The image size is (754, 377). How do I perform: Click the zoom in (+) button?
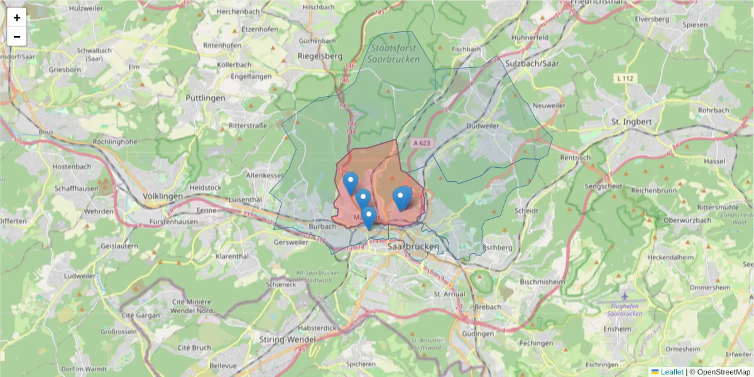pos(17,18)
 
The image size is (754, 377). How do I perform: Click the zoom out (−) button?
pos(17,36)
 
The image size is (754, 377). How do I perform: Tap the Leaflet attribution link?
pos(671,372)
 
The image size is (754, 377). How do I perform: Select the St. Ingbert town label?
pos(631,121)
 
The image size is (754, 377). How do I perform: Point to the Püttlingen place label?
pos(205,98)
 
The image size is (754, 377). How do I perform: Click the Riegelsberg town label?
pos(320,56)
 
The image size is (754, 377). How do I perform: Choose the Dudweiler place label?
pos(483,126)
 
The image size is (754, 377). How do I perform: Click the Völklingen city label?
pos(163,196)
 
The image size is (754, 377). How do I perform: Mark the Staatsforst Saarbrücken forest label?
pos(394,53)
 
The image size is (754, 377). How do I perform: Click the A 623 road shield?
pos(422,143)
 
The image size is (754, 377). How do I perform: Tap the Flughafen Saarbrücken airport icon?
pos(624,295)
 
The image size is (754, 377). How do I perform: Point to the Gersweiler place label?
pos(292,242)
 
